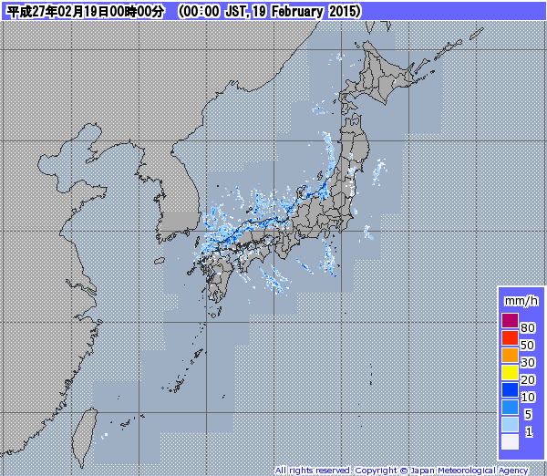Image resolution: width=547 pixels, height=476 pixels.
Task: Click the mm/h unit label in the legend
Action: point(521,300)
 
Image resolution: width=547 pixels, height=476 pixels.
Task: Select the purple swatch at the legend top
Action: point(510,320)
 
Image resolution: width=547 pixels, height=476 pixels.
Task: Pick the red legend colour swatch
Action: point(510,337)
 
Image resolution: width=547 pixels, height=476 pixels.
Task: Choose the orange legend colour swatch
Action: point(510,355)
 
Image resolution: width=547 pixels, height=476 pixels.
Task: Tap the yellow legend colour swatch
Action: point(510,372)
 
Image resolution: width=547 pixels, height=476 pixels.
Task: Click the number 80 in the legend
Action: point(528,327)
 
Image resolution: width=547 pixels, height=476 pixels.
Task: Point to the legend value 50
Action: point(528,345)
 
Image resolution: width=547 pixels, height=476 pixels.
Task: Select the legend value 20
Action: point(528,379)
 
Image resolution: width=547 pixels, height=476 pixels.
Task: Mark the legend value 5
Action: point(528,414)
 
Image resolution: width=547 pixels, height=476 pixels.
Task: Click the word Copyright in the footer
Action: point(375,471)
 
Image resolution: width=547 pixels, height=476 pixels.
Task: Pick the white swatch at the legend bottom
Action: point(510,441)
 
